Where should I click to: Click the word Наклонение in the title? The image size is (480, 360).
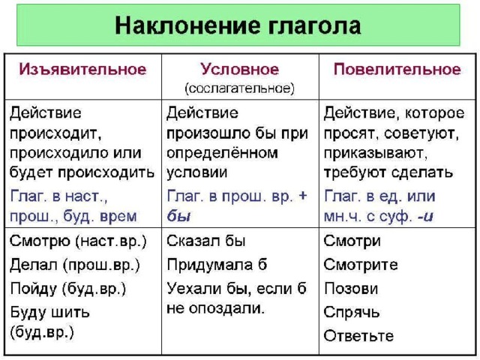(187, 25)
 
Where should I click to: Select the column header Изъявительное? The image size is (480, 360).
(83, 69)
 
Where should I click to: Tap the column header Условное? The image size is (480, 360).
(240, 70)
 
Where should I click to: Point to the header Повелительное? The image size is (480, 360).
(397, 69)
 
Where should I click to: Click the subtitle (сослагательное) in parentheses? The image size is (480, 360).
(240, 88)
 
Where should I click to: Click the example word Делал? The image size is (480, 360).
(34, 265)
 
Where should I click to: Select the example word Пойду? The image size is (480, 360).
(34, 289)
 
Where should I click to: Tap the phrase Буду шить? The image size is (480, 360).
(50, 313)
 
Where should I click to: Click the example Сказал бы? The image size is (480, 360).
(206, 241)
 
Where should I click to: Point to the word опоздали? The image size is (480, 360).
(226, 308)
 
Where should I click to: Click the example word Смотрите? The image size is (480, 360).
(361, 265)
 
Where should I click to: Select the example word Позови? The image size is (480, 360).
(351, 289)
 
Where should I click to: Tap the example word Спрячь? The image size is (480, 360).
(352, 313)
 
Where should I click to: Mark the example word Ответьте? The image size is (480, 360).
(358, 336)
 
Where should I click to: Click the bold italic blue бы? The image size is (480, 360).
(178, 216)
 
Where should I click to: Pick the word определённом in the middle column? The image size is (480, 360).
(223, 154)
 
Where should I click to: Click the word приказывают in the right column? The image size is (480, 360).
(375, 154)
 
